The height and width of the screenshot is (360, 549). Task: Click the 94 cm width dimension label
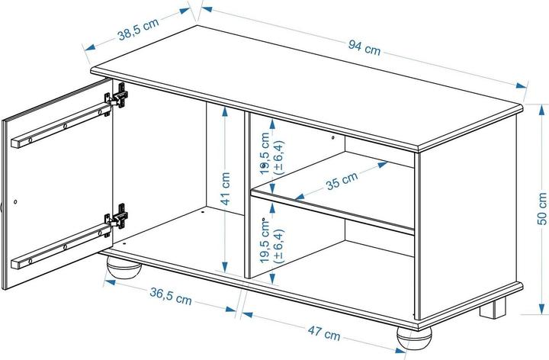(x=364, y=47)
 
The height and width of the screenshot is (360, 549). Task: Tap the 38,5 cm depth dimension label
(x=138, y=29)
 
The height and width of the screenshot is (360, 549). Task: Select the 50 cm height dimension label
(x=541, y=209)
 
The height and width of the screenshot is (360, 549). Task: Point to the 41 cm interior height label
(x=226, y=188)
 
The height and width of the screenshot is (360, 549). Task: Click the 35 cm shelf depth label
(x=342, y=181)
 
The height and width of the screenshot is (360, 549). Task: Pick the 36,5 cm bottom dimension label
(x=171, y=296)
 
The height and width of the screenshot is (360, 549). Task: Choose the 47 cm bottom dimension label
(x=324, y=333)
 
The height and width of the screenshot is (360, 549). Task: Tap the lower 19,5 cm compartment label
(x=271, y=241)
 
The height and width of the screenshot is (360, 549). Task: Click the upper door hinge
(x=117, y=96)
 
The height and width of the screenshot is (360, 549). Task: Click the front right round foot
(x=414, y=338)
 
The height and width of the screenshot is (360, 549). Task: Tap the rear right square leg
(x=493, y=307)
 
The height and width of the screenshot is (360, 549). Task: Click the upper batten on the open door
(x=61, y=126)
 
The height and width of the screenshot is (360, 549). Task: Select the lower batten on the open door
(x=61, y=247)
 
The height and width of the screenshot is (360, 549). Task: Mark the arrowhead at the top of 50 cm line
(x=542, y=111)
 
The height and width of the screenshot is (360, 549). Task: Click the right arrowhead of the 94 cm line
(x=522, y=85)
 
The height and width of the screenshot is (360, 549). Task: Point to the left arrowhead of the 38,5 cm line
(x=90, y=47)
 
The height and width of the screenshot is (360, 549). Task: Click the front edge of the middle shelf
(x=332, y=213)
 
